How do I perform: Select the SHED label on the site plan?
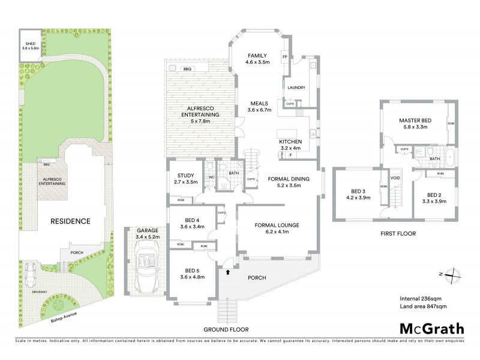click(x=29, y=44)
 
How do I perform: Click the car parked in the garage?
click(x=143, y=270)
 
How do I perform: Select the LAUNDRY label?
click(x=296, y=88)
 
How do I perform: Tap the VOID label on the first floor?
click(x=395, y=178)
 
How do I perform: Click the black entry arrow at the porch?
click(x=227, y=272)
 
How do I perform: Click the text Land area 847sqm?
click(x=423, y=307)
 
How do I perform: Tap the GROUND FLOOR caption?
click(x=226, y=330)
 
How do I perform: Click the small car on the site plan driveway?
click(x=29, y=275)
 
